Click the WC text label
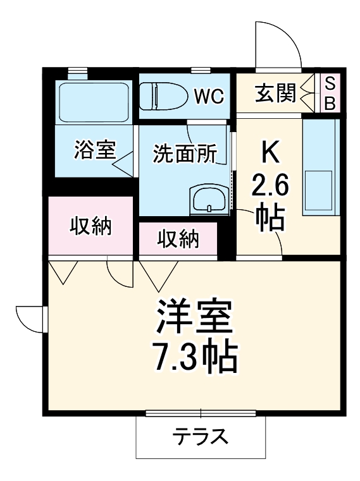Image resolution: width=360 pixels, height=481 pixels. click(208, 96)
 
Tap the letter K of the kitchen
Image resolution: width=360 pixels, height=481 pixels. click(271, 152)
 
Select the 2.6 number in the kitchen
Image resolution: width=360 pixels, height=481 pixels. click(271, 186)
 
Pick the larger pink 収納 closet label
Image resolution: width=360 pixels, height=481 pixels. click(90, 226)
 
